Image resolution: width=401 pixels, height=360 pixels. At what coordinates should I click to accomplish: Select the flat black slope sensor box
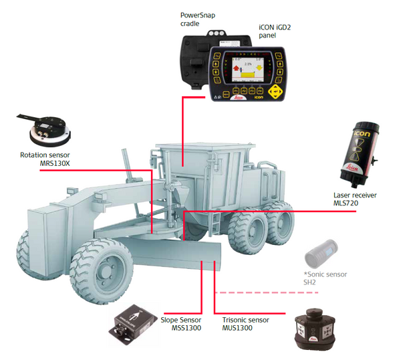pyautogui.click(x=134, y=322)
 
